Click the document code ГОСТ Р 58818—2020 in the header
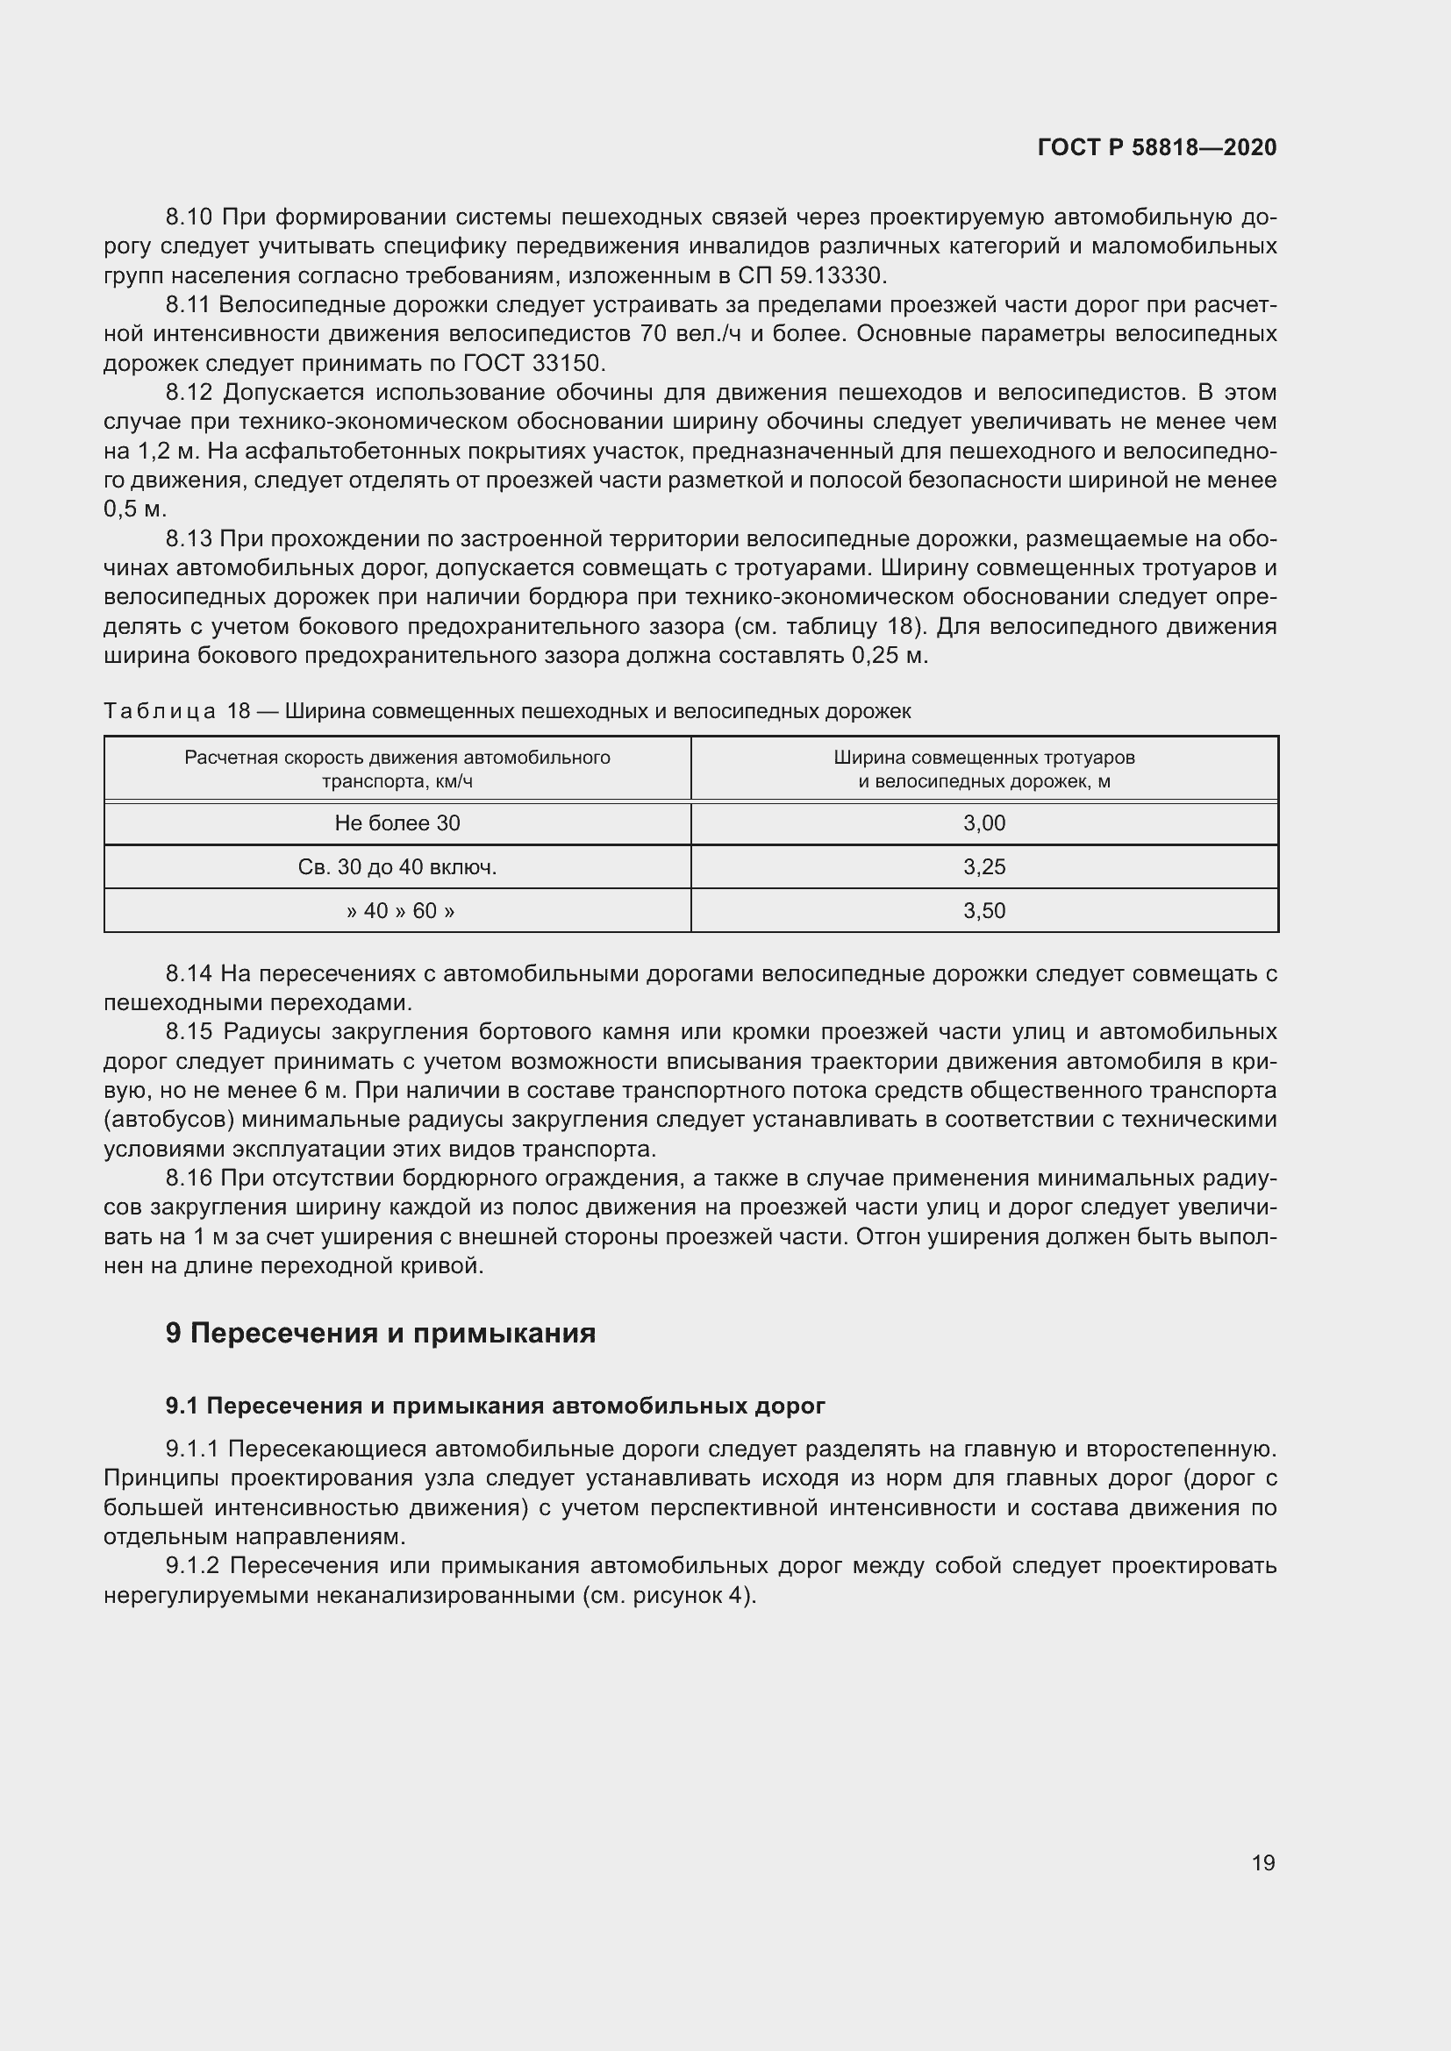coord(1157,147)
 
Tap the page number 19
coord(1263,1862)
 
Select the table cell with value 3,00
coord(983,823)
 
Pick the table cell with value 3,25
coord(983,866)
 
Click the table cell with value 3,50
coord(983,910)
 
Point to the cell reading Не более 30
coord(397,823)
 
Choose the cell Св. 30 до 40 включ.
coord(397,866)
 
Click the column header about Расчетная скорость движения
coord(397,769)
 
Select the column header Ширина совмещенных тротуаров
coord(983,769)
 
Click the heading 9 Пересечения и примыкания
coord(381,1333)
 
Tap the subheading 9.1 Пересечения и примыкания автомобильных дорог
coord(495,1406)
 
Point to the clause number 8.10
coord(189,217)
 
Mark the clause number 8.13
coord(189,538)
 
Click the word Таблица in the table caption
coord(159,711)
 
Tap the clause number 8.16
coord(189,1179)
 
